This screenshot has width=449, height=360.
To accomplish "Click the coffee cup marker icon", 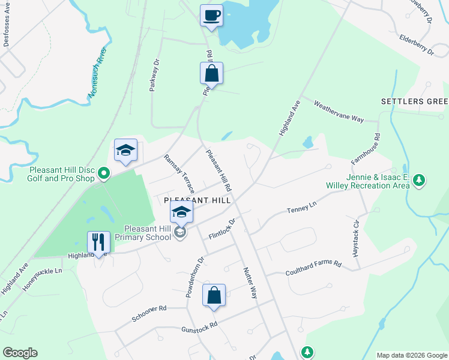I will point(211,15).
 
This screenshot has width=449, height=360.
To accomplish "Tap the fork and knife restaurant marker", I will point(98,242).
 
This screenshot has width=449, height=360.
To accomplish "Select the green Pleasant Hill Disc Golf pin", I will point(104,174).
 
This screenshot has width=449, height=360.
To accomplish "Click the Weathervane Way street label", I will point(339,111).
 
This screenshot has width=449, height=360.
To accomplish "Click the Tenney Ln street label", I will point(302,208).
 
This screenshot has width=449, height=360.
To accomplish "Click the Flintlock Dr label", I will point(221,229).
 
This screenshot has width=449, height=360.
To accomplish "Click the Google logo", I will point(20,353).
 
